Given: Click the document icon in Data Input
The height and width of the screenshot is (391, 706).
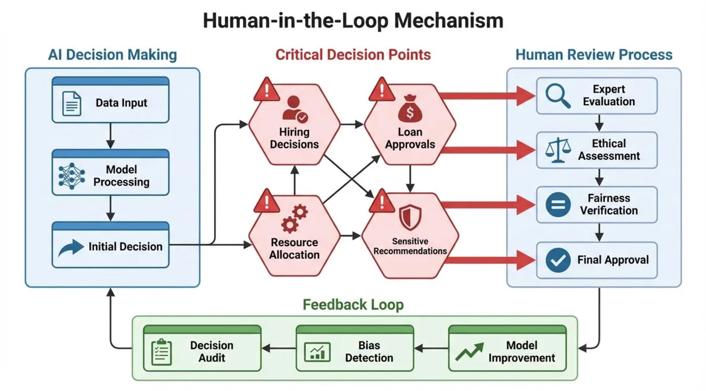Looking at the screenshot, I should point(72,104).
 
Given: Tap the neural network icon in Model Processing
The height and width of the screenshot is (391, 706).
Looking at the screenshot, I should point(72,176).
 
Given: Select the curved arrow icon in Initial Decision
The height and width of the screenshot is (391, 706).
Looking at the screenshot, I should point(71,247).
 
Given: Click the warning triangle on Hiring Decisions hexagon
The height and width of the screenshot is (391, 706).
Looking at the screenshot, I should point(266,90).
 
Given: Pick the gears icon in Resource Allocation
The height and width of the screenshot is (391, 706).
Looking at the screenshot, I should point(294,219).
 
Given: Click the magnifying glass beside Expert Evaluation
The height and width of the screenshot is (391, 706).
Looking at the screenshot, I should point(558,95).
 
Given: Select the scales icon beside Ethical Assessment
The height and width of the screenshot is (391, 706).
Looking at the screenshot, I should point(558,150).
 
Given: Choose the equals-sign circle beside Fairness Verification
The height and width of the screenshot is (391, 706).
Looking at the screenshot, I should point(558,205).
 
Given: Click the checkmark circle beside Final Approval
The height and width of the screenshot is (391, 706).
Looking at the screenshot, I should point(558,260).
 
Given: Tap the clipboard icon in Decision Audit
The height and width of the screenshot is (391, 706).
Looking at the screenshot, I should point(162,352).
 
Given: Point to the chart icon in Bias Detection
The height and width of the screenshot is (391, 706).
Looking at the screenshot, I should point(317,352).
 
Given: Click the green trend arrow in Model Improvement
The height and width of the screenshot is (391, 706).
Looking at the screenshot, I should point(469,352).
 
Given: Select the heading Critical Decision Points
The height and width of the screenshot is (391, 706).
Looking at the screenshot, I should point(353,55).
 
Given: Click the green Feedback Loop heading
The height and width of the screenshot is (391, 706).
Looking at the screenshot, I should point(353,304).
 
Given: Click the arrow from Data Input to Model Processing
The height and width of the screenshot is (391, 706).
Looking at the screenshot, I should point(110,136).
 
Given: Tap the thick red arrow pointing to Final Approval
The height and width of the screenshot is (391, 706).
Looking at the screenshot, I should point(491,260).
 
